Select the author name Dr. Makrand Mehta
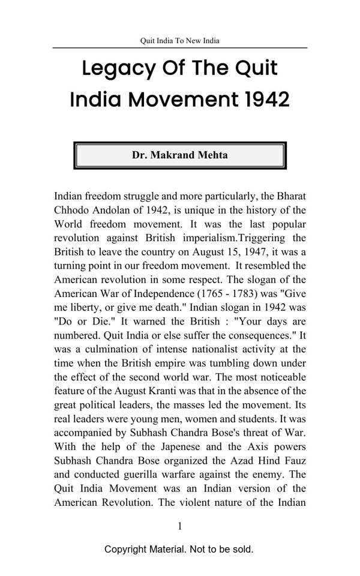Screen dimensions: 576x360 pos(180,155)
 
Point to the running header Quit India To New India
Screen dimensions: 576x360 pos(180,41)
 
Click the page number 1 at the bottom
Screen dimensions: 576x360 pos(179,526)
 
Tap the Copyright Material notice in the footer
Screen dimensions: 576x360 pos(179,549)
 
